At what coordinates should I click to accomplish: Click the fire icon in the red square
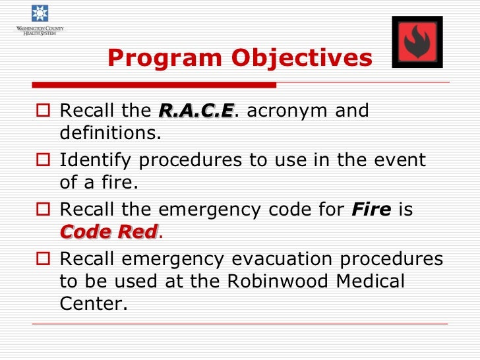pyautogui.click(x=417, y=42)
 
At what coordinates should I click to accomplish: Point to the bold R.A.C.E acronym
pyautogui.click(x=196, y=110)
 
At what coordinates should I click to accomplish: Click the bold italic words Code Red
pyautogui.click(x=109, y=231)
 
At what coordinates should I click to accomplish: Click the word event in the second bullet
pyautogui.click(x=400, y=160)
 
